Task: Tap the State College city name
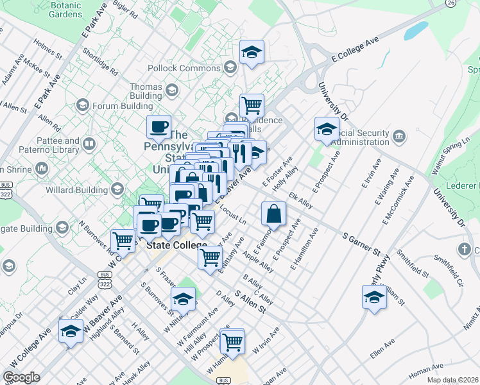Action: pos(176,246)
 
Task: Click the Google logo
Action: pos(21,377)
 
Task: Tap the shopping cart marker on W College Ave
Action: pos(123,241)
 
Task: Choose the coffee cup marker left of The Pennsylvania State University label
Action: pos(159,126)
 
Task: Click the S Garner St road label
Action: pos(362,244)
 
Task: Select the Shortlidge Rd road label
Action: pos(100,61)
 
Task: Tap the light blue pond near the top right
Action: pos(417,30)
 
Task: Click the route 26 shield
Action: pos(452,3)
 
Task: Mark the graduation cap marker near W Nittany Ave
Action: pos(183,298)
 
